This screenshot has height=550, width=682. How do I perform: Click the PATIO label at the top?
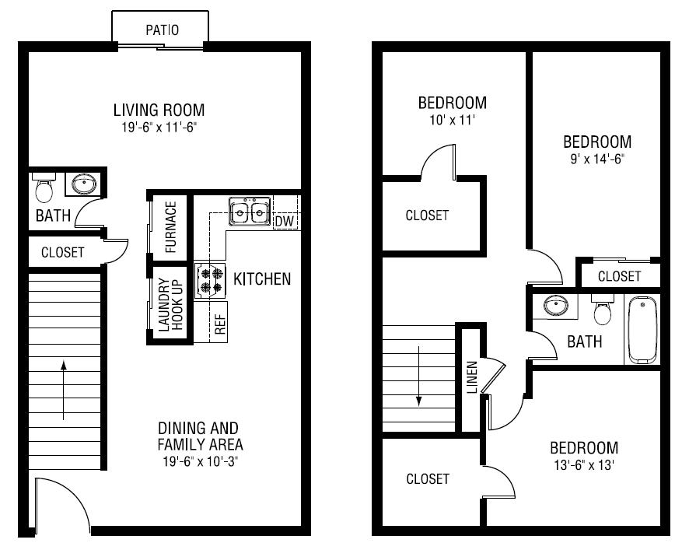coord(163,31)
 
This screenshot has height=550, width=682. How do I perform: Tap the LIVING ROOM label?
coord(159,110)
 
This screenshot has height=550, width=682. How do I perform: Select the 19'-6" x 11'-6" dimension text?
coord(159,126)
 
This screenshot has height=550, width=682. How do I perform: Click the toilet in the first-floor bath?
coord(44,188)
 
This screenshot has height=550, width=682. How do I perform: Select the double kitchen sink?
coord(250,211)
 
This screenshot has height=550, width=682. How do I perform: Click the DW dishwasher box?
coord(284,221)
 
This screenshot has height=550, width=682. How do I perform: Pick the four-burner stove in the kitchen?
coord(209,280)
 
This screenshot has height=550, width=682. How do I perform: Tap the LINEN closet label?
coord(471,377)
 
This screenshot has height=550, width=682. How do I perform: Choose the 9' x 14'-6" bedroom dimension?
coord(596,159)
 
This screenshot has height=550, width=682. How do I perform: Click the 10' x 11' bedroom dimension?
coord(452,120)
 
